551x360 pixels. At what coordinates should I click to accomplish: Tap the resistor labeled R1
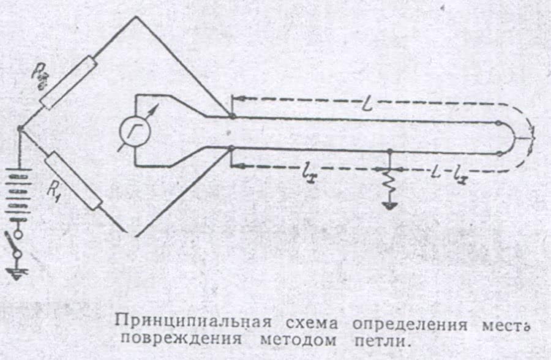(72, 182)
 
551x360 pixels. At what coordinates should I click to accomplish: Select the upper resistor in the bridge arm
(69, 83)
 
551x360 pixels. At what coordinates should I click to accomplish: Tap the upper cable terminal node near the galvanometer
(231, 116)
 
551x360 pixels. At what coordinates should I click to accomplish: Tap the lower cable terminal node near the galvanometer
(231, 148)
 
